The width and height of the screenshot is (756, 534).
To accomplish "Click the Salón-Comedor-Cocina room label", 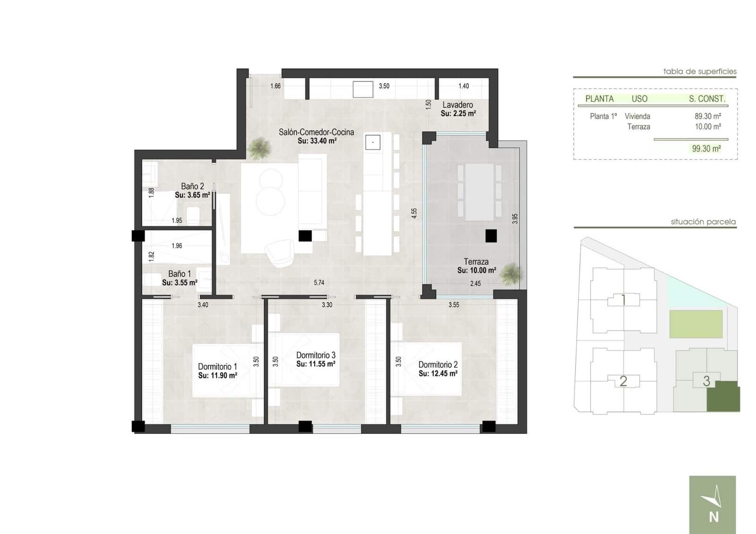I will [x=316, y=132].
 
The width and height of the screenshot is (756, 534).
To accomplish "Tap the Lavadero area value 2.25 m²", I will [x=458, y=114].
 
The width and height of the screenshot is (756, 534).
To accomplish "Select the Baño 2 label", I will [x=192, y=186].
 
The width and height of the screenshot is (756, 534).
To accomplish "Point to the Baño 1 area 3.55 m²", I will [x=180, y=283].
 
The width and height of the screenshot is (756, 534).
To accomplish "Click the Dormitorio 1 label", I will [x=217, y=366].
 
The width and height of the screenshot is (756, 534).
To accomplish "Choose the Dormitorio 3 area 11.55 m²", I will [x=316, y=364].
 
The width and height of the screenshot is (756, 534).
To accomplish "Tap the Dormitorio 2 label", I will [x=438, y=364].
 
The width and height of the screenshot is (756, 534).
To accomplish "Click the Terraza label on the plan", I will [x=476, y=262].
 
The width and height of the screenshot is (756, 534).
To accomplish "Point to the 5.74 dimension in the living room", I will [x=319, y=283].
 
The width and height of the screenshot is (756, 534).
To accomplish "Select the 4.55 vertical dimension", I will [x=414, y=213].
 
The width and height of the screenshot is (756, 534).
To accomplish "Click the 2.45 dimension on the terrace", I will [x=475, y=284].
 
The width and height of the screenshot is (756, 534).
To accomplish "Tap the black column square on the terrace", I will [x=491, y=236].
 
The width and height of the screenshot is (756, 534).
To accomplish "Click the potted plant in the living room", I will [x=259, y=148].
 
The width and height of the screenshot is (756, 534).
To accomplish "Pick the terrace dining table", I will [x=479, y=192].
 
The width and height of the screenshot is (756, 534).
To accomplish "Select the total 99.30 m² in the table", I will [x=706, y=149].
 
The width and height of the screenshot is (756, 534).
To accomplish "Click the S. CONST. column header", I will [x=706, y=99].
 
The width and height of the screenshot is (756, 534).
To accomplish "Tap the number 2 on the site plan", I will [x=623, y=381].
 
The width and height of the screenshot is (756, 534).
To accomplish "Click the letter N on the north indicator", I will [x=713, y=517].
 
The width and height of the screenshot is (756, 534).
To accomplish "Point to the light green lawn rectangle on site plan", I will [x=696, y=324].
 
